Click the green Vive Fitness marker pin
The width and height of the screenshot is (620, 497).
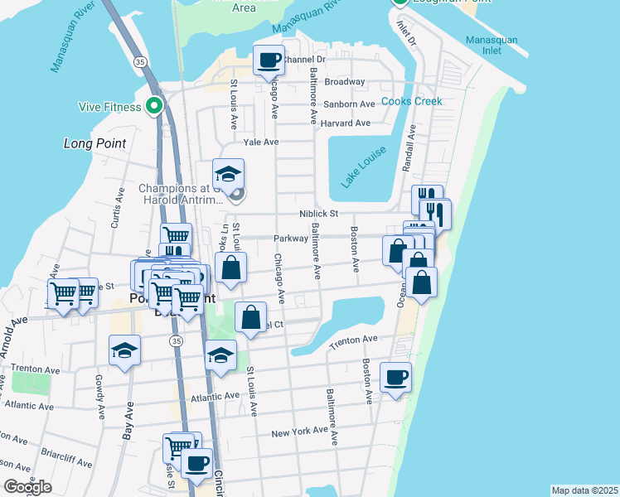[153, 106]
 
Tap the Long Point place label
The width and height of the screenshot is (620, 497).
[94, 143]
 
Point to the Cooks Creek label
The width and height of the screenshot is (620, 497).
[412, 101]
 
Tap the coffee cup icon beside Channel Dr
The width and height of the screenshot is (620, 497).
[268, 60]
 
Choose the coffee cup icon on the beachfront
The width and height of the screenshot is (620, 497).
[395, 378]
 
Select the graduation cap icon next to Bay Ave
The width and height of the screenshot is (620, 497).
[124, 350]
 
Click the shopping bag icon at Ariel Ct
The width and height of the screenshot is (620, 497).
[250, 318]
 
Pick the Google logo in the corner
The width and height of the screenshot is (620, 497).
[27, 487]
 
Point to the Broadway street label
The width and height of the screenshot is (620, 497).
[345, 82]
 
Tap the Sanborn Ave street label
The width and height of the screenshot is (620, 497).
[350, 104]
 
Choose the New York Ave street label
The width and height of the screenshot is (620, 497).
[301, 433]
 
